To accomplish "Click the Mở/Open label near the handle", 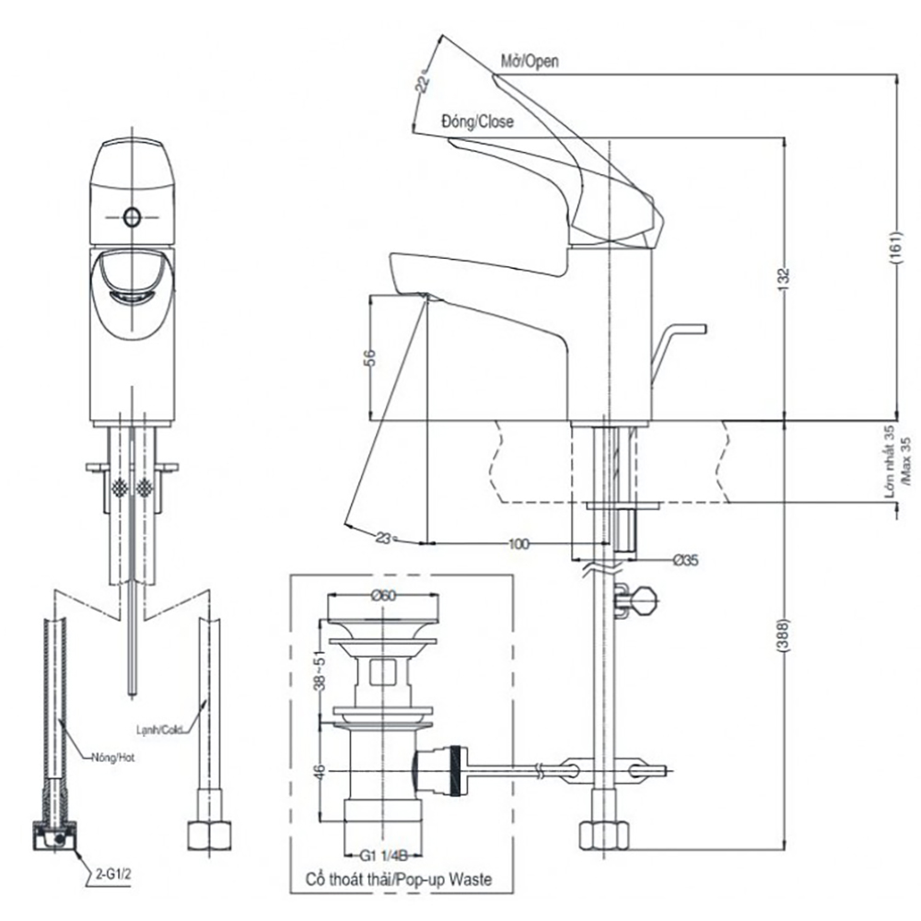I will (x=530, y=60).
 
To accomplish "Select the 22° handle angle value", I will (x=425, y=83).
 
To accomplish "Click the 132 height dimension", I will (x=786, y=277).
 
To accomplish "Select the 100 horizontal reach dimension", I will (x=519, y=544).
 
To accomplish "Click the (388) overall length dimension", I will (x=785, y=635).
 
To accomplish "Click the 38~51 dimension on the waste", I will (x=316, y=670).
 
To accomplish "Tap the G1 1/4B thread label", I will (x=383, y=855).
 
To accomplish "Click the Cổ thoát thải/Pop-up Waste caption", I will (x=398, y=880).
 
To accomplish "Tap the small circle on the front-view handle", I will (x=131, y=217).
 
